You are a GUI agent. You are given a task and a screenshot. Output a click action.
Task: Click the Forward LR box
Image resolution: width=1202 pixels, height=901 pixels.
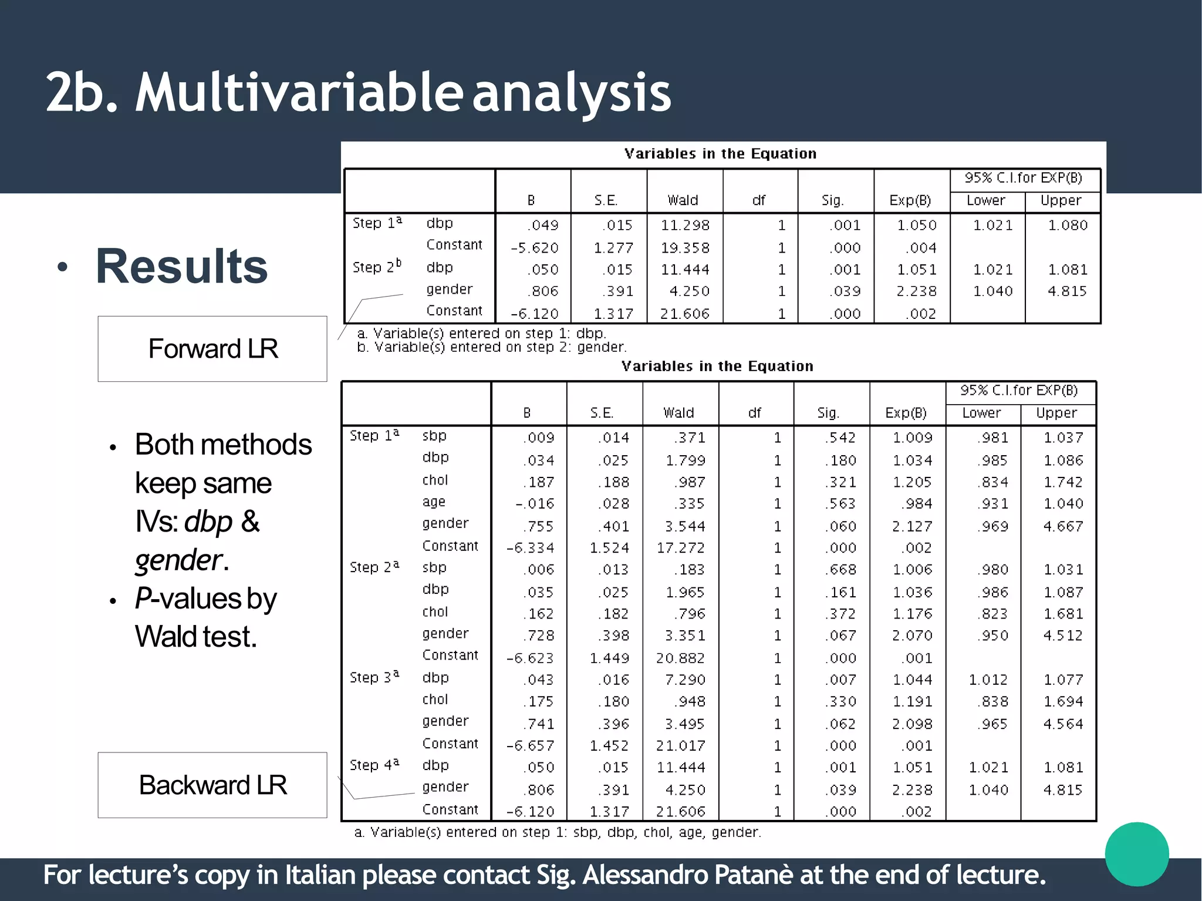click(212, 349)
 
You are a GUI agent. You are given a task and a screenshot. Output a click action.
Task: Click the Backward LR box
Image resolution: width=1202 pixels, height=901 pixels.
click(212, 785)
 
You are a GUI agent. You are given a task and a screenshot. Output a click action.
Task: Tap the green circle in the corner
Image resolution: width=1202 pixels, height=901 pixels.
click(1136, 854)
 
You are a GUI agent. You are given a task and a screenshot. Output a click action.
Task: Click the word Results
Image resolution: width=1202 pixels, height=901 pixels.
click(181, 267)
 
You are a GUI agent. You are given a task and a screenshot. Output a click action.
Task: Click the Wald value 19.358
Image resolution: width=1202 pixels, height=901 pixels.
click(685, 248)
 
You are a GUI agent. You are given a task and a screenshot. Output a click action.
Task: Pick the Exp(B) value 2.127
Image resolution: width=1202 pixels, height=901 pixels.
click(912, 526)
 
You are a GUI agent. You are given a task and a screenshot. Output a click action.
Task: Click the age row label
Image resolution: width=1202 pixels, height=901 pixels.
click(434, 502)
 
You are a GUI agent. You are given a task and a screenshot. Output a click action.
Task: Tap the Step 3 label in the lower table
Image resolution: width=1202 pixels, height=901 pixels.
click(374, 677)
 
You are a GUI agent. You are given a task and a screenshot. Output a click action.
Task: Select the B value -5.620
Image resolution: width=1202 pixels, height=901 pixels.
click(534, 248)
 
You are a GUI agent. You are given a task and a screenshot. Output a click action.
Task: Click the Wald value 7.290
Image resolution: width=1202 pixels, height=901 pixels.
click(685, 680)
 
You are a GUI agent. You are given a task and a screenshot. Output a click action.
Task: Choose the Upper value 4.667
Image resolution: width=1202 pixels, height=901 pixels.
click(1063, 526)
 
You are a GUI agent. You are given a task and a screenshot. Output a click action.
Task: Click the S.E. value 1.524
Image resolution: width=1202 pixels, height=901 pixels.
click(609, 548)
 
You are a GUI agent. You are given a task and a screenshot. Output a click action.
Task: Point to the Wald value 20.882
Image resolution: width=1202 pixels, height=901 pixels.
click(680, 658)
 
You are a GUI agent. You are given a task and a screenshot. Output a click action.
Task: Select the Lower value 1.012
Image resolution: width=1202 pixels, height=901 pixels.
click(988, 680)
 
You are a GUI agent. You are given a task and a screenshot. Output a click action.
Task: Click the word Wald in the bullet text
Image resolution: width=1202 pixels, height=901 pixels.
click(165, 637)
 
